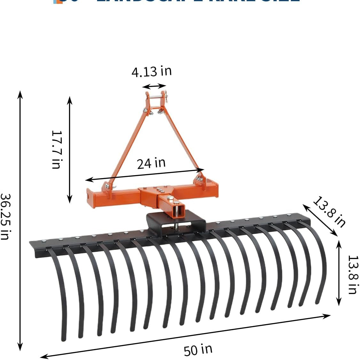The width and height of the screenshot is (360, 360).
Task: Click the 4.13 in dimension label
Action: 152,71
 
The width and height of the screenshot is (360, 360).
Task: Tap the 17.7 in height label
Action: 56,149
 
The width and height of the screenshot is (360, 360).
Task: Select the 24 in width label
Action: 151,163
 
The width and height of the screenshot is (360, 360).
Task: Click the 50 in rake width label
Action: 198,349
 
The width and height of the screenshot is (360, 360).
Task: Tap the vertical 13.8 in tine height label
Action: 352,274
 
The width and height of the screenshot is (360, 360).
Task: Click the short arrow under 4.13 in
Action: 154,86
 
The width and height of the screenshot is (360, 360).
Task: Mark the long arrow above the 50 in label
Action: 185,336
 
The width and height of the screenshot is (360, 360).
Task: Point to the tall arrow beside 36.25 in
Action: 20,221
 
